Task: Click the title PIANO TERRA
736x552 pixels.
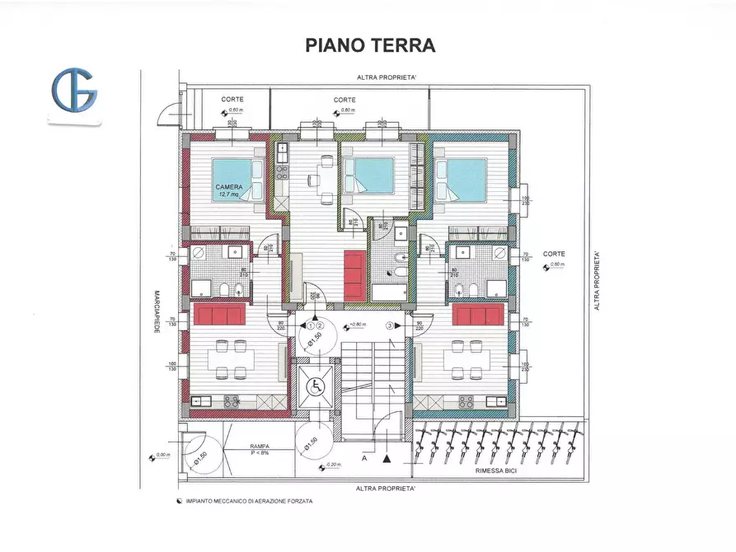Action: tap(369, 44)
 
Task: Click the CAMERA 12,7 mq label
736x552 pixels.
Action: tap(229, 190)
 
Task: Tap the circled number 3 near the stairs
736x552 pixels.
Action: tap(401, 325)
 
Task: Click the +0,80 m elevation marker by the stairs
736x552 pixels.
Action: tap(356, 325)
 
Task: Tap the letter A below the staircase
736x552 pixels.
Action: tap(363, 457)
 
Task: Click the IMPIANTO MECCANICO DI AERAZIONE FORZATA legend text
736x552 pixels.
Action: tap(249, 501)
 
